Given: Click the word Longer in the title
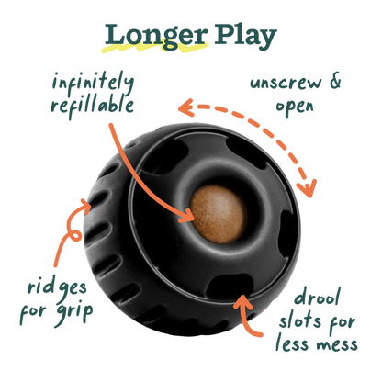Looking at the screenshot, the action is (156, 36).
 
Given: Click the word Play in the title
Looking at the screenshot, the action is (245, 37).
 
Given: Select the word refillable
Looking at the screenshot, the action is (92, 106).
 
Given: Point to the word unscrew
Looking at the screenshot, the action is (286, 83).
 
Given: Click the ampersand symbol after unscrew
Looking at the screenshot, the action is (335, 81).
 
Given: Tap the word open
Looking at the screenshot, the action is (295, 107).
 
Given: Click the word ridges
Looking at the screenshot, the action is (57, 288).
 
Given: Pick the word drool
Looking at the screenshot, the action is (318, 297).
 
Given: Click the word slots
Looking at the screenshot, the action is (300, 320).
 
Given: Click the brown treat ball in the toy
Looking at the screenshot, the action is (219, 214).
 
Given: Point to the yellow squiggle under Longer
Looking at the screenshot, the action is (154, 48).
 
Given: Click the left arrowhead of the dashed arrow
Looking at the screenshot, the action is (185, 107).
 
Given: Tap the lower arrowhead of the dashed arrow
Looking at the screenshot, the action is (307, 188).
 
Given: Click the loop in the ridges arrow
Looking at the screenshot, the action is (74, 236).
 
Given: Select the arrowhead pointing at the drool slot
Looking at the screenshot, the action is (243, 303).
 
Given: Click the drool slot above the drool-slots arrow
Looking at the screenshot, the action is (230, 286).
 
